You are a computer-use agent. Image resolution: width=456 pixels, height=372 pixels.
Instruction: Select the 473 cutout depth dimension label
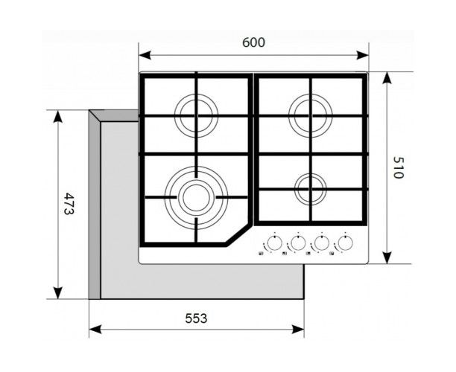coord(68,203)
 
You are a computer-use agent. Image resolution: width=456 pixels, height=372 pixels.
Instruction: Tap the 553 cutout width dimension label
coord(195,318)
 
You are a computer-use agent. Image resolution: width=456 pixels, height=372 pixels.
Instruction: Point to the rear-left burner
coord(197,115)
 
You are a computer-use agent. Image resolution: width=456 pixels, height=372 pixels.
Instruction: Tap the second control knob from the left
coord(297,243)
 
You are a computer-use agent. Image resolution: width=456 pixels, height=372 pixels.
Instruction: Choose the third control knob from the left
coord(321,243)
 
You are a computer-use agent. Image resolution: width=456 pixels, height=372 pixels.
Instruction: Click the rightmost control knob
coord(345,243)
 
